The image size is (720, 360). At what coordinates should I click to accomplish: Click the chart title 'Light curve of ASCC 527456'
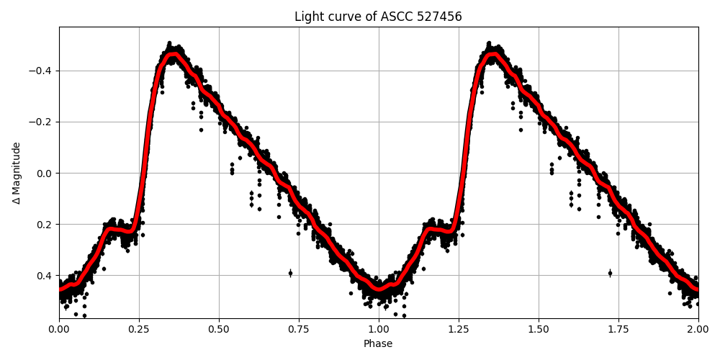(378, 17)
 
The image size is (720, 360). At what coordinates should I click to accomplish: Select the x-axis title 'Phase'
(378, 344)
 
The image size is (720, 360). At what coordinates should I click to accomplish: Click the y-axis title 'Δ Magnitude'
(17, 173)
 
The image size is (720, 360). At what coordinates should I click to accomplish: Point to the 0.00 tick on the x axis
(59, 329)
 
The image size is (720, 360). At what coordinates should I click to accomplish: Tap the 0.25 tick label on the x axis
(139, 329)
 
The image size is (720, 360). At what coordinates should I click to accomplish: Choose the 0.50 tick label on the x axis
(219, 329)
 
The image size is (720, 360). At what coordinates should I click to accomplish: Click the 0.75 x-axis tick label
(299, 329)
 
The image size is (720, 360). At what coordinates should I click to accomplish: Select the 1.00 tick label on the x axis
(379, 329)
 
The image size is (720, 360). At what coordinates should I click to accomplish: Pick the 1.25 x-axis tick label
(459, 329)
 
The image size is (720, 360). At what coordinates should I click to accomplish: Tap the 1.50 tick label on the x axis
(539, 329)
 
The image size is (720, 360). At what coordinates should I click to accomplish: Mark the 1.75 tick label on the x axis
(618, 329)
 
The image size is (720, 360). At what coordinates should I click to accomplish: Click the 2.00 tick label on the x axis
(698, 329)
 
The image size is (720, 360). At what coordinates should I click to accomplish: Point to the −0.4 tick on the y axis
(40, 71)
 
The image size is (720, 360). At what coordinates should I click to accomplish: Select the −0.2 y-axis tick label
(40, 122)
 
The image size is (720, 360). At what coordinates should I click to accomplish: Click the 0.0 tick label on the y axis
(45, 173)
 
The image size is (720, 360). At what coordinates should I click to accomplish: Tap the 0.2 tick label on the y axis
(45, 224)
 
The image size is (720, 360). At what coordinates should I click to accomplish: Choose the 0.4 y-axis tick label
(45, 275)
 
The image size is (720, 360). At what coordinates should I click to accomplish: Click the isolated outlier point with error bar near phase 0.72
(290, 273)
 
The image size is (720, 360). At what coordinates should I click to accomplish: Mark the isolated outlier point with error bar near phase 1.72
(610, 273)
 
